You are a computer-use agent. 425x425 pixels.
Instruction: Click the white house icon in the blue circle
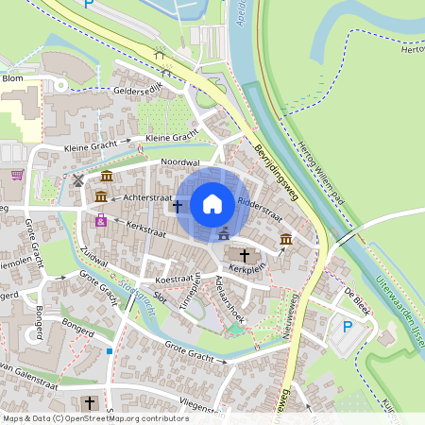point(212,203)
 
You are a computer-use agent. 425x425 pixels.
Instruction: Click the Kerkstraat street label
point(145,229)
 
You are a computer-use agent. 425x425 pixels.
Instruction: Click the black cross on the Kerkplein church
point(245,255)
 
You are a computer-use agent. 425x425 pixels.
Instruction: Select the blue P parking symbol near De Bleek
point(347,326)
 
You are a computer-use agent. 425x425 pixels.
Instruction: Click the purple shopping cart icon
point(17,175)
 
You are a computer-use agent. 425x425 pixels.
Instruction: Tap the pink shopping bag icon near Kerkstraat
point(100,220)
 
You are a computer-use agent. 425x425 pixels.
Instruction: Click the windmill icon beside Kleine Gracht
point(77,178)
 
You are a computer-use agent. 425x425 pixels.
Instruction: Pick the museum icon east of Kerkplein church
point(285,241)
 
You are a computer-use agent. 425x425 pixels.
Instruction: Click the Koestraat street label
point(160,280)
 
